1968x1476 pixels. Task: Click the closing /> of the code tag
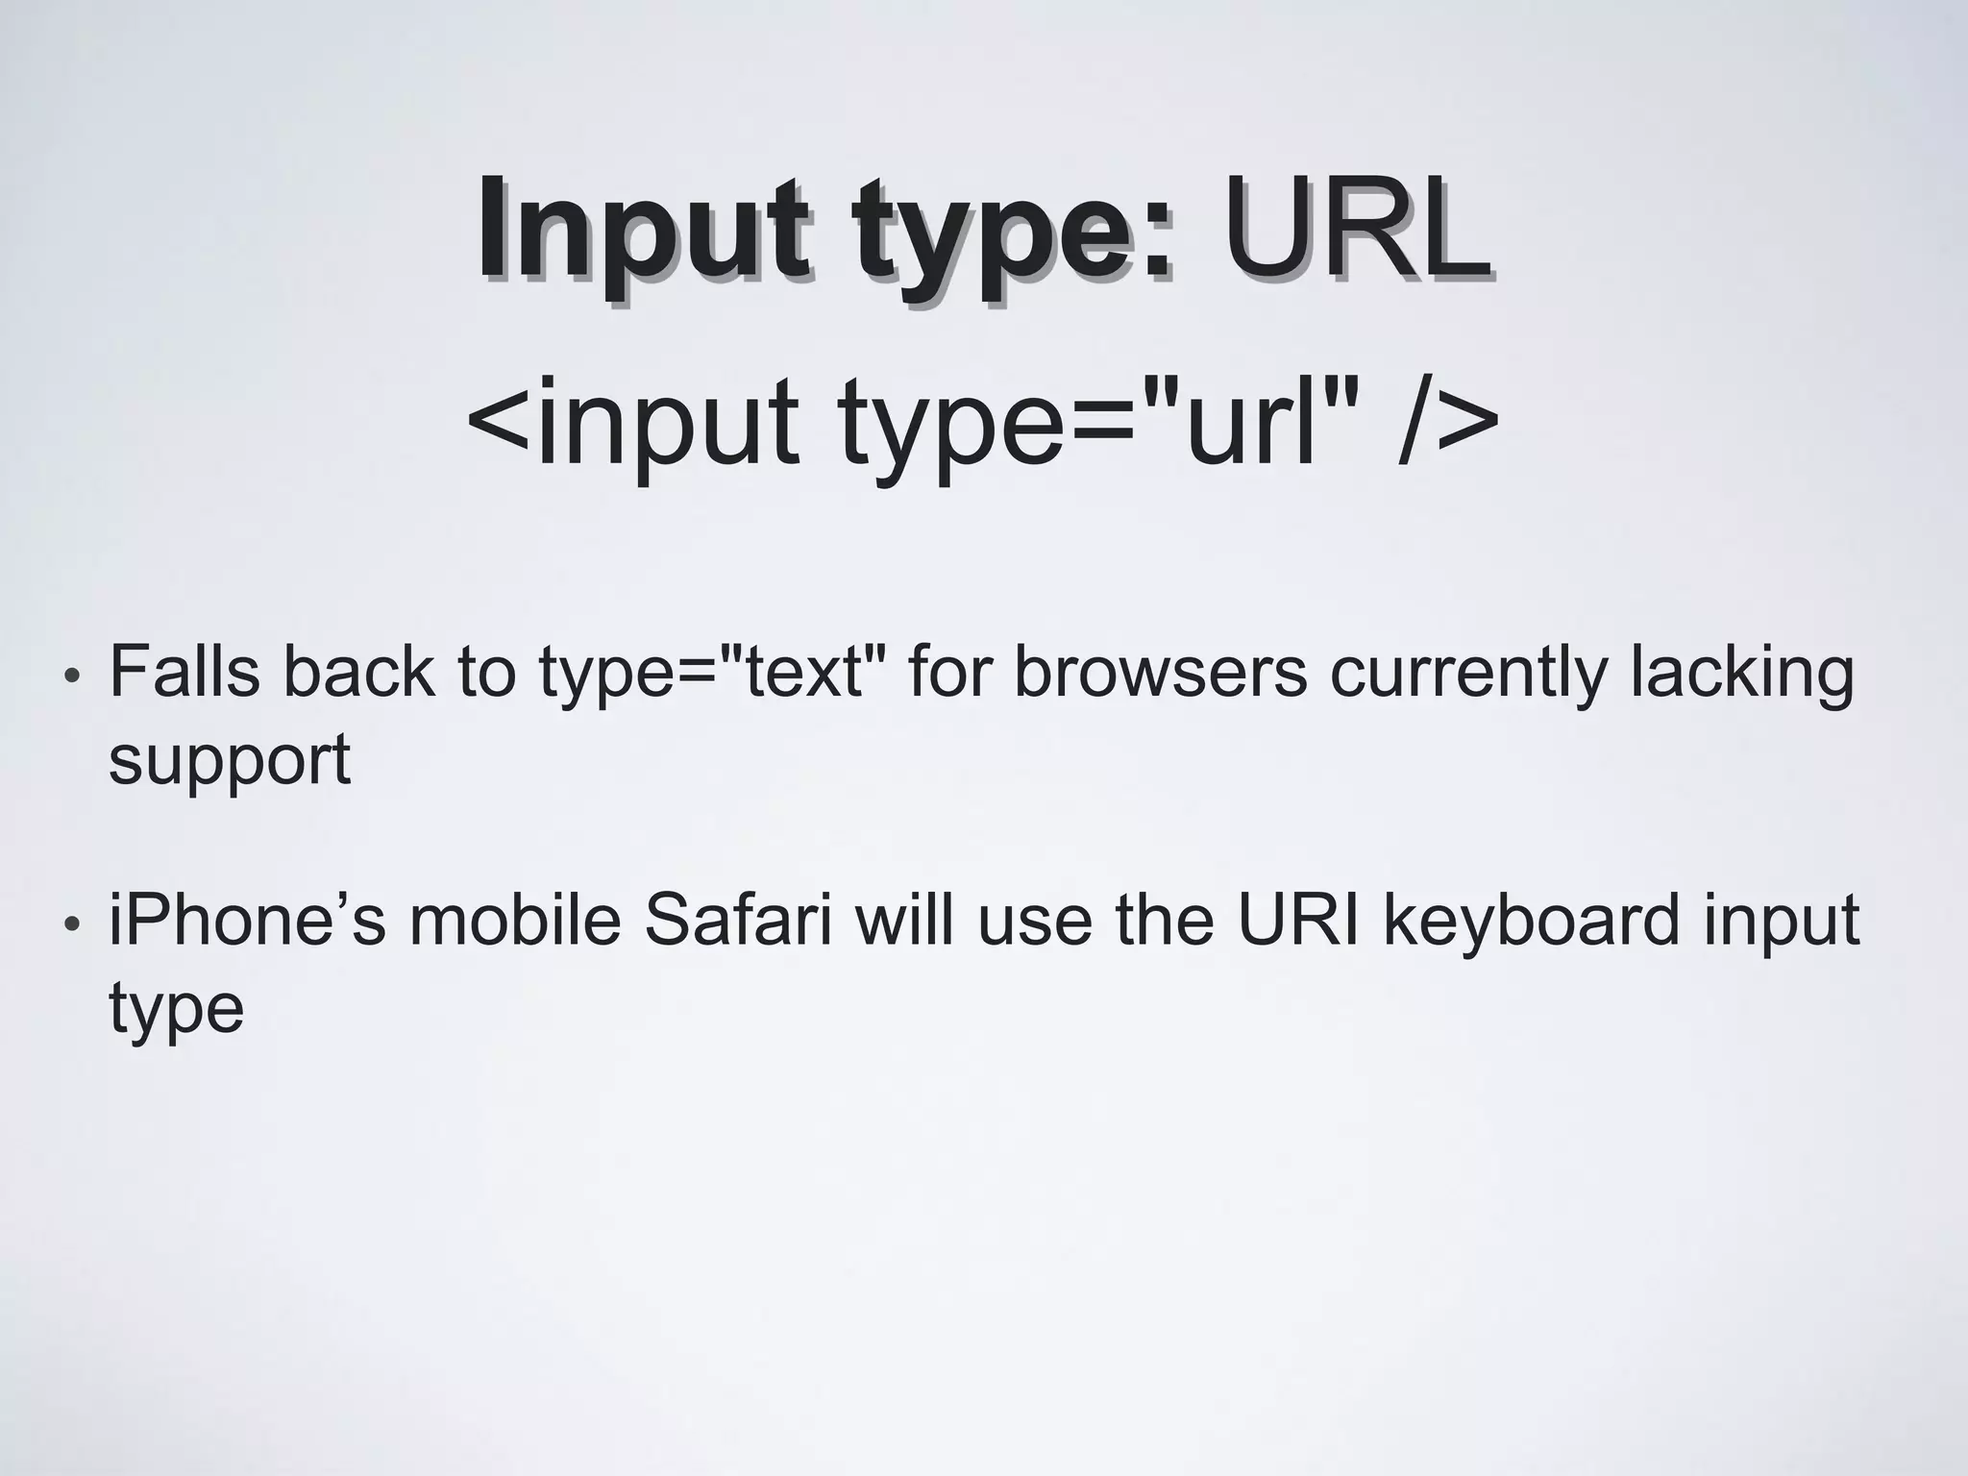1447,423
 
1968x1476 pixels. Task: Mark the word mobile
515,920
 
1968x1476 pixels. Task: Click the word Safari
737,920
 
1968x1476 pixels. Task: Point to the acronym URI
1297,920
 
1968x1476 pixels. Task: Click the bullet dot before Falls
70,676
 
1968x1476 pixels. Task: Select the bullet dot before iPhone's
70,925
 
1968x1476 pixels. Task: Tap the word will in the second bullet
904,920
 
